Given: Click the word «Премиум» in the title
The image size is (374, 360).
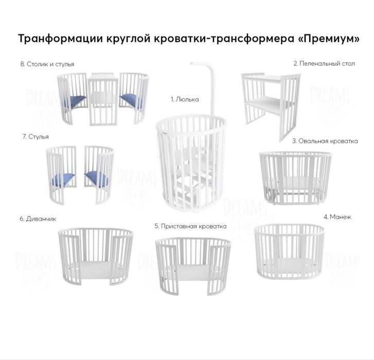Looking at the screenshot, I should [329, 40].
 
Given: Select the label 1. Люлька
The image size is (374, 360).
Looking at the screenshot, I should [185, 98].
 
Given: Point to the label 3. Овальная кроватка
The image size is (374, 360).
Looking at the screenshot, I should [325, 141].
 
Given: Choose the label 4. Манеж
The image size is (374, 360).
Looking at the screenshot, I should [337, 217].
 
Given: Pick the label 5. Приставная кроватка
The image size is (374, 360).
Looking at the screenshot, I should [190, 226].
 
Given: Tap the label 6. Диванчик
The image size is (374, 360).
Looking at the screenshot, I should [38, 218].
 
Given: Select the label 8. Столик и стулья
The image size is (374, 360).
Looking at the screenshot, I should [47, 64].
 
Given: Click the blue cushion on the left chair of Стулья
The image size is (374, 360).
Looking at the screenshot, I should [62, 179].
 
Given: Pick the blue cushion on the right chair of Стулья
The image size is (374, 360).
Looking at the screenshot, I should [96, 178].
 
